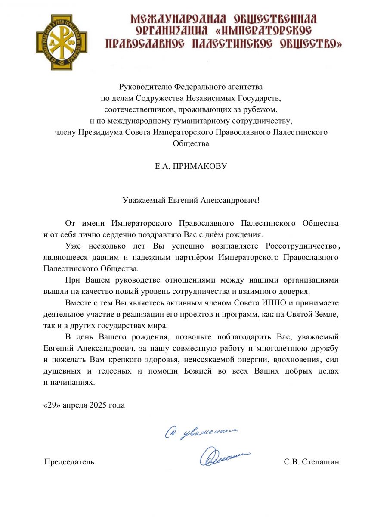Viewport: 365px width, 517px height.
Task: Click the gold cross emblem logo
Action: [x=61, y=42]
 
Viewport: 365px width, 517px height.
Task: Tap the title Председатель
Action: [x=69, y=462]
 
